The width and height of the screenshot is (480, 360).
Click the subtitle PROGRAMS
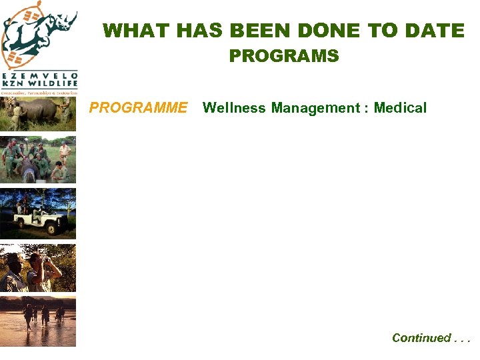coord(284,56)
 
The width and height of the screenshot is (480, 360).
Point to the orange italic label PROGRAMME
coord(139,108)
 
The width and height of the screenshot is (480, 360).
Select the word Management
coord(315,108)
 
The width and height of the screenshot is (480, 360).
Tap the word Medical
coord(400,108)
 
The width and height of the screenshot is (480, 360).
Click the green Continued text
coord(431,338)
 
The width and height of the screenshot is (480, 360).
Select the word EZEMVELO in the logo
coord(39,76)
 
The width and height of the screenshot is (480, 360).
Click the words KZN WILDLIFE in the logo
coord(39,84)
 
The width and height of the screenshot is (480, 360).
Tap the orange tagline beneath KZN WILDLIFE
coord(39,93)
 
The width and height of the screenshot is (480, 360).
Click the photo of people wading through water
coord(38,321)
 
